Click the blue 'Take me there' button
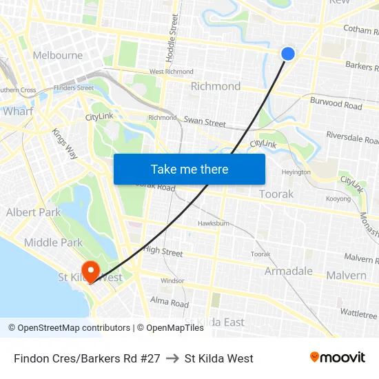point(189,169)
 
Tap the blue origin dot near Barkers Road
point(288,54)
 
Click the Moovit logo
point(338,358)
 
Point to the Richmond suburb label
point(216,86)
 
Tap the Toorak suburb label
point(276,194)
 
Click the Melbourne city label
point(58,55)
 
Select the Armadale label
point(289,271)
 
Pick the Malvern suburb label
point(347,275)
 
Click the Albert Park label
point(33,212)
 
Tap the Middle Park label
point(53,242)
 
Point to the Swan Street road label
point(205,122)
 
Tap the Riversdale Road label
point(352,136)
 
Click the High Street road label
point(163,252)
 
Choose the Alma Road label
point(170,303)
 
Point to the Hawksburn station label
point(213,223)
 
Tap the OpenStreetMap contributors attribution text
point(70,328)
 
